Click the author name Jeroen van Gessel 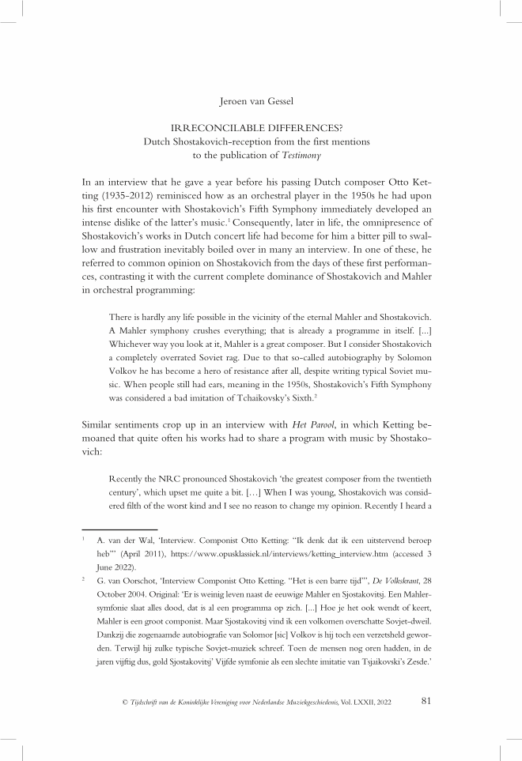[260, 101]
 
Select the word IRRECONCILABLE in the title [208, 128]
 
